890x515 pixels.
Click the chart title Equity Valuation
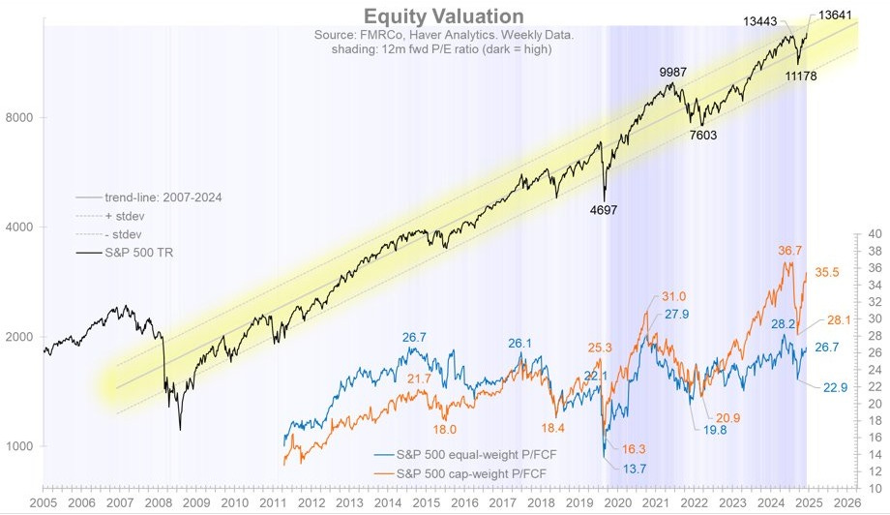click(x=444, y=16)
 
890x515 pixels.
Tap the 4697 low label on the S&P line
click(x=604, y=209)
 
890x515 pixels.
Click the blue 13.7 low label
click(x=622, y=469)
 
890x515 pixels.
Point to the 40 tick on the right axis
click(x=875, y=234)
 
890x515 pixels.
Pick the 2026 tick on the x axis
click(x=846, y=503)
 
